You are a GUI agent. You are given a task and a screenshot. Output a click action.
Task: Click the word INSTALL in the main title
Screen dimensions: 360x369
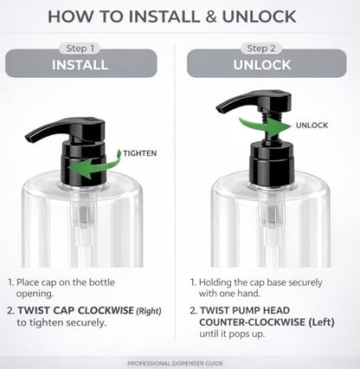(164, 16)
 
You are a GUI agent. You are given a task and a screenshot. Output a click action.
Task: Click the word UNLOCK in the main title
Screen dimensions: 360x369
(259, 16)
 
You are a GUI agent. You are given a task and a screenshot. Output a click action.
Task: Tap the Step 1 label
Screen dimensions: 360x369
(80, 49)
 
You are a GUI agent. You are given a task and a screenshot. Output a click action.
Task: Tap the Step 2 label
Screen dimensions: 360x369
(261, 49)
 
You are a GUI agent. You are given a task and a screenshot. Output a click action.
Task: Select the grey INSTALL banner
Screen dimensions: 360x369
(81, 63)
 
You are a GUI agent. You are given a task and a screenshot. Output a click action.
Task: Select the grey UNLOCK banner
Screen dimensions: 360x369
(267, 63)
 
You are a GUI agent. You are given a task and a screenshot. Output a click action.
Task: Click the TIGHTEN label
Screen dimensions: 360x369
(140, 153)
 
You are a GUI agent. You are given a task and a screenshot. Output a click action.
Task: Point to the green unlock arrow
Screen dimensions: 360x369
(267, 126)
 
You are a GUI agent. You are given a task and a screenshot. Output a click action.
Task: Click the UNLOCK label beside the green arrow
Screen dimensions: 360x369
(312, 126)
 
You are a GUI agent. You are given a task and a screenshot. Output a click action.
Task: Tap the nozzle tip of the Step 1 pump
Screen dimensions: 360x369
(29, 139)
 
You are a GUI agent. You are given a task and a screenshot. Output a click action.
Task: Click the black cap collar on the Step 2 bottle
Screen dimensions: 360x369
(272, 165)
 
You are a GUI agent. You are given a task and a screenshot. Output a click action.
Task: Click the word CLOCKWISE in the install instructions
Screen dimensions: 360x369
(106, 310)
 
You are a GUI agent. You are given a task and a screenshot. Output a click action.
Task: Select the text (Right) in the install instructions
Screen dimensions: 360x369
(149, 311)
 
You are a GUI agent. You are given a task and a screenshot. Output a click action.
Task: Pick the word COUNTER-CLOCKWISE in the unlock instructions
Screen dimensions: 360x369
(252, 322)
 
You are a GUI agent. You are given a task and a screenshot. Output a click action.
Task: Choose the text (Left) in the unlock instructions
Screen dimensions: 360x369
(321, 322)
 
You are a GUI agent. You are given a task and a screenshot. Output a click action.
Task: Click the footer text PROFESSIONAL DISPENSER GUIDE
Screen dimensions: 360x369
(175, 363)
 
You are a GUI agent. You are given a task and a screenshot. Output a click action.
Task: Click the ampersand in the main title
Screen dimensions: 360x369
(211, 16)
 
